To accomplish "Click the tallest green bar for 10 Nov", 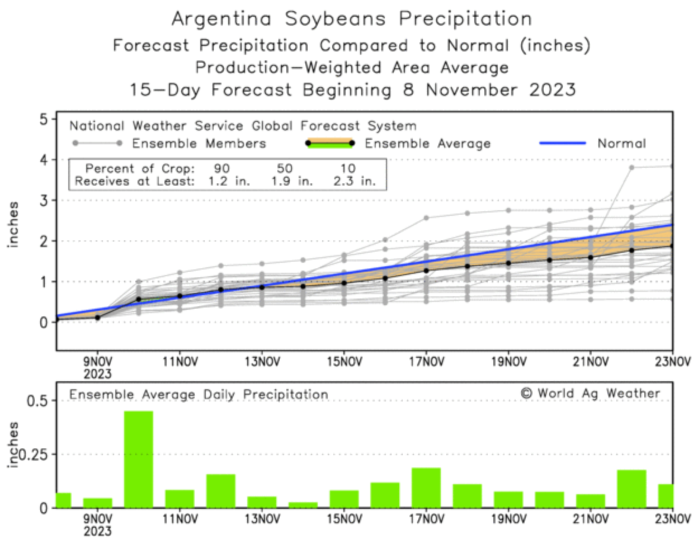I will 138,460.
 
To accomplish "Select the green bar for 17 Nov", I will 426,488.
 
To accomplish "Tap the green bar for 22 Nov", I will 631,489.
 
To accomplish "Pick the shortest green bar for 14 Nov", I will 303,505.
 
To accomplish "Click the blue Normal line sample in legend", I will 563,143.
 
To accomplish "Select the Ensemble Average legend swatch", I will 330,143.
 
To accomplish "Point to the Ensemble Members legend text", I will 199,144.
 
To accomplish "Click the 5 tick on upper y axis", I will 44,119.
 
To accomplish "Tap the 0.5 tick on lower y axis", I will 37,401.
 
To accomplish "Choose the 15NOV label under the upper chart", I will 344,362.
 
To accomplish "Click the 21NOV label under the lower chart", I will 591,519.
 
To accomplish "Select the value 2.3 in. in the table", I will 355,181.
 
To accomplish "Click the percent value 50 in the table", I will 284,168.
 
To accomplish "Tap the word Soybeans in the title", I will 335,19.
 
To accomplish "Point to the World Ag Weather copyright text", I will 590,394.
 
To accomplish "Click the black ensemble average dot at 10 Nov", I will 139,300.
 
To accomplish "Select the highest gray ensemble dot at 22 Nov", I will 631,167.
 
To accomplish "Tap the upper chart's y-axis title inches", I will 12,224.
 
